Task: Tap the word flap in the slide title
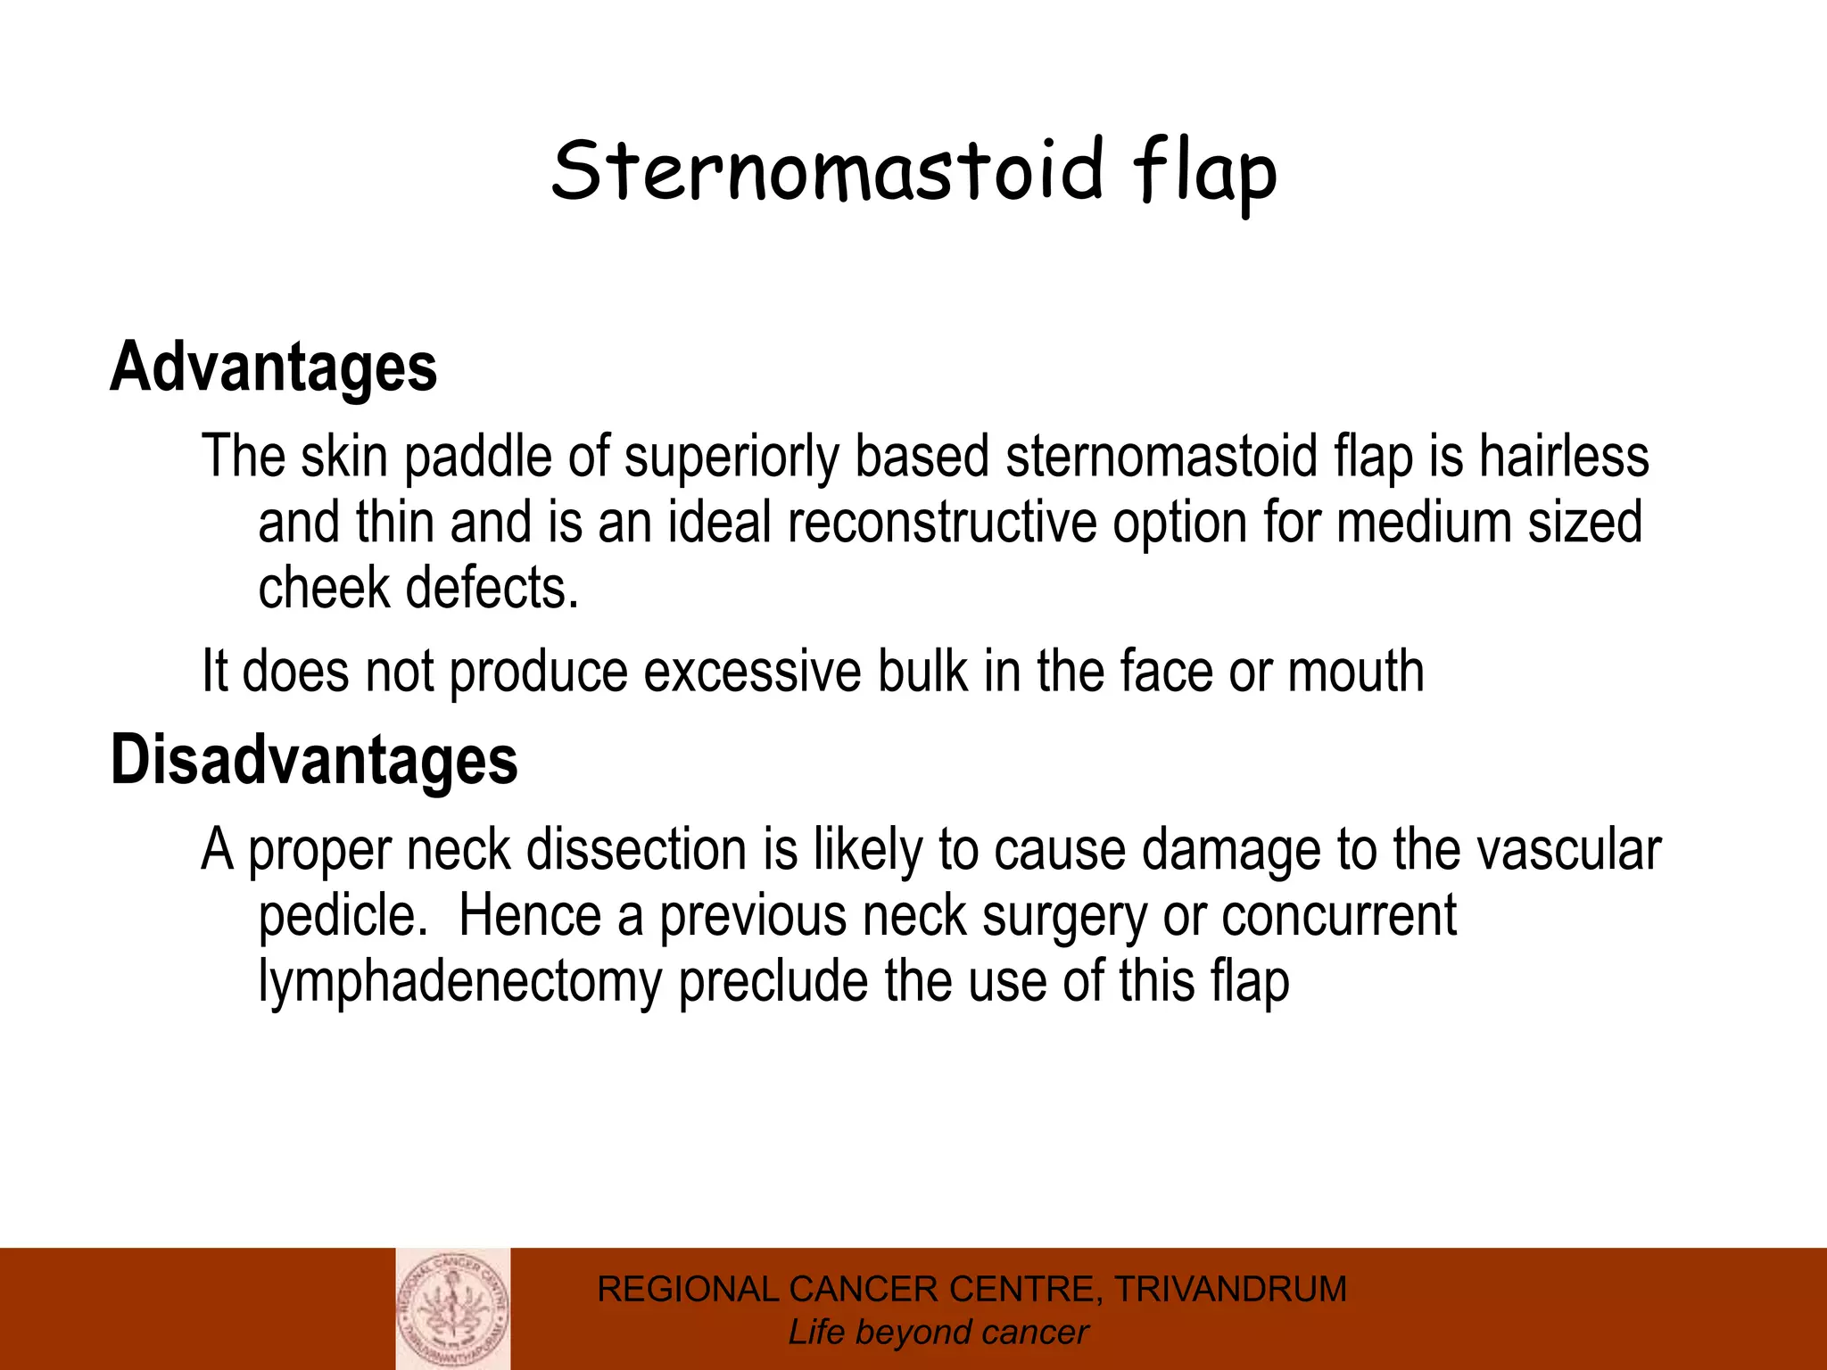[1205, 174]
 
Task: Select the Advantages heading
[274, 367]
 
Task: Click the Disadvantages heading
[314, 760]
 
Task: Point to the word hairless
[1564, 457]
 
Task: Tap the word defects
[492, 588]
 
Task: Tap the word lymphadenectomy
[459, 983]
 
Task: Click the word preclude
[773, 983]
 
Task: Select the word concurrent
[1338, 915]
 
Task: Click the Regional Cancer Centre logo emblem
[453, 1308]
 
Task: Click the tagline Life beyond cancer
[938, 1333]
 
